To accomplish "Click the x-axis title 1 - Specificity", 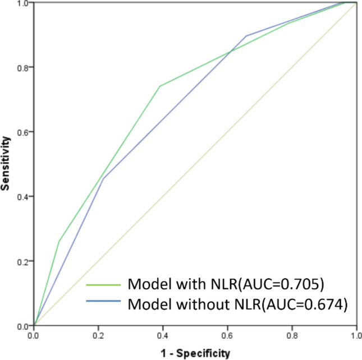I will [195, 353].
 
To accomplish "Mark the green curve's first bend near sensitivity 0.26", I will [59, 241].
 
